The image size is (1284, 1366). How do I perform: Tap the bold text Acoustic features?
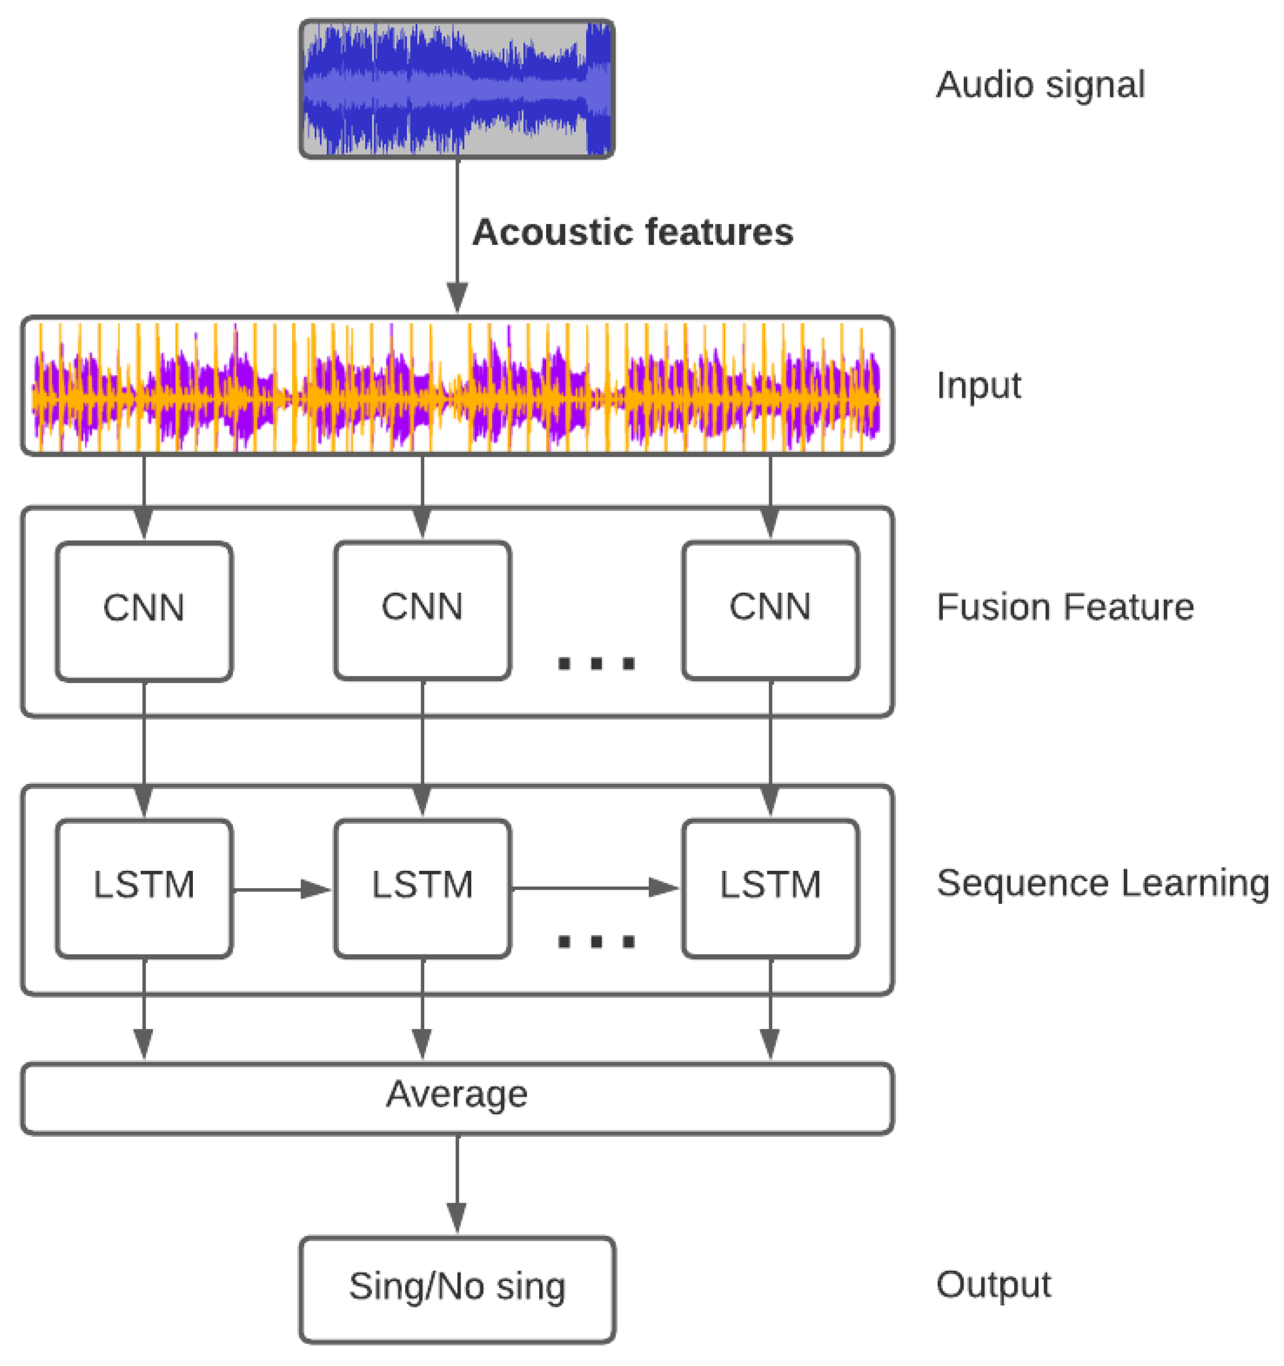(633, 232)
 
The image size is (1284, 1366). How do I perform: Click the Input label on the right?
(978, 386)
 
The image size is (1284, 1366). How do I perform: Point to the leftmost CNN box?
(144, 611)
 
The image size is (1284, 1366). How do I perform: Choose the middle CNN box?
(422, 610)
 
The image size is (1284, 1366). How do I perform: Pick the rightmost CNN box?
(770, 610)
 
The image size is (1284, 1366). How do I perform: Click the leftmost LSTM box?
(144, 888)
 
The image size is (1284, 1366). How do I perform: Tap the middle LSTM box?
(422, 888)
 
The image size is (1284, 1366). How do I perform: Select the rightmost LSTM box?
(770, 888)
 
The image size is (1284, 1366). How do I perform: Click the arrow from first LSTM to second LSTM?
(283, 890)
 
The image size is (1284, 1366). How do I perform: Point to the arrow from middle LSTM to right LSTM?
(595, 888)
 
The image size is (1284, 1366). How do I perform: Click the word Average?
(456, 1094)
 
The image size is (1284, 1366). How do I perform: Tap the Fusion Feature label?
(1065, 607)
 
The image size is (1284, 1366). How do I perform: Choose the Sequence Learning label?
(1102, 883)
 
